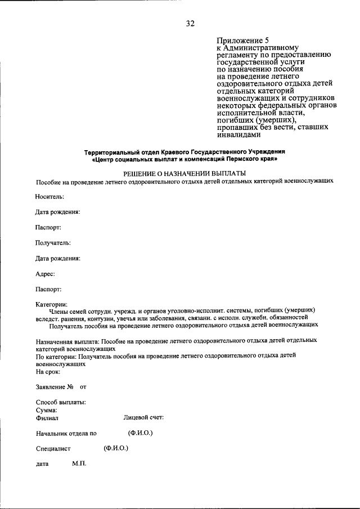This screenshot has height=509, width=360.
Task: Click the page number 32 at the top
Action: pos(190,23)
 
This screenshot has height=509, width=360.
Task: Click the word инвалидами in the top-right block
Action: pos(239,134)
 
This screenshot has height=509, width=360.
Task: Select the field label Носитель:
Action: pos(49,196)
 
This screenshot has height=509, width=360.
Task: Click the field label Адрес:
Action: pos(45,274)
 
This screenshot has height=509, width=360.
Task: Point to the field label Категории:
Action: pos(51,304)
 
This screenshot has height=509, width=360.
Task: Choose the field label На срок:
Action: pos(48,372)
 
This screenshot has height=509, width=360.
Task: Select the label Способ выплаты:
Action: pos(61,403)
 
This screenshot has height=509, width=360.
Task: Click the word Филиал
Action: pos(47,418)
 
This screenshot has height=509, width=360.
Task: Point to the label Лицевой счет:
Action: pos(143,417)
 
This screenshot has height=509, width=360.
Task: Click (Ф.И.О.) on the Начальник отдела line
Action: pos(140,433)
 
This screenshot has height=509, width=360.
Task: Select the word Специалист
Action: pos(53,449)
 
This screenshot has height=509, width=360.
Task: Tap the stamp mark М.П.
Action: pos(78,464)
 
